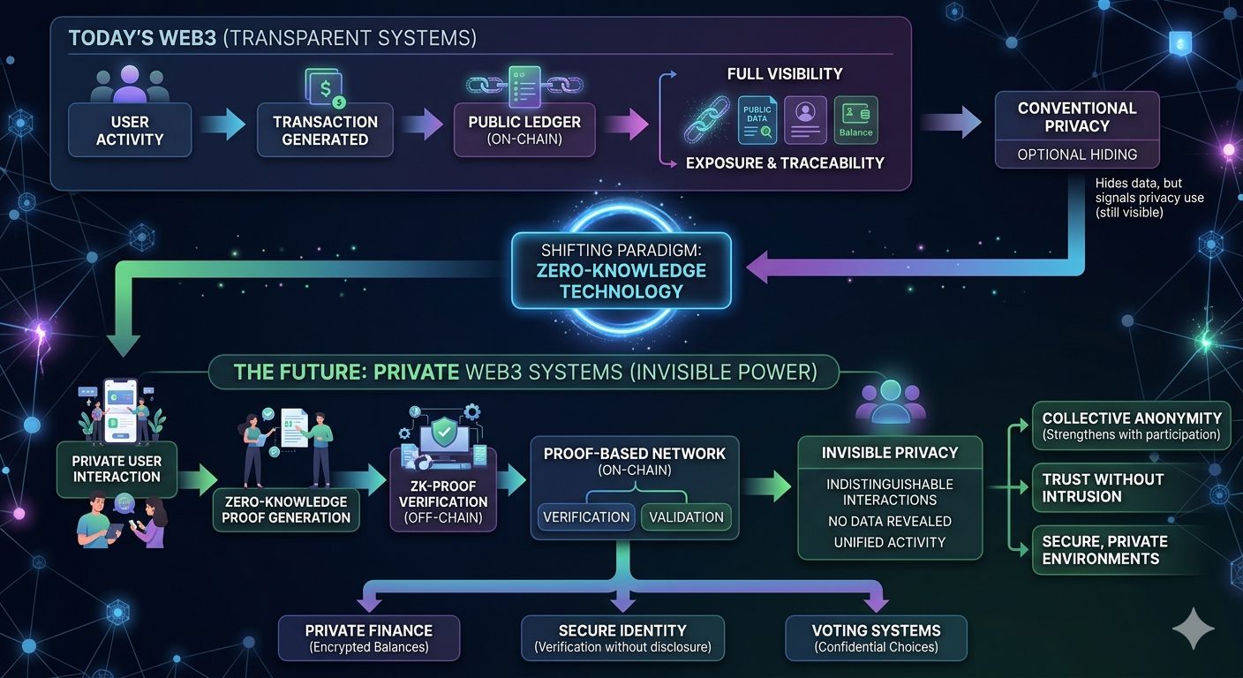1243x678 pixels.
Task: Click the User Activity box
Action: [130, 130]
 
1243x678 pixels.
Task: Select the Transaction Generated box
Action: [325, 130]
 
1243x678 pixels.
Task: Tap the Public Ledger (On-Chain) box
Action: [524, 130]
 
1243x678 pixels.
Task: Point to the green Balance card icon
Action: [855, 120]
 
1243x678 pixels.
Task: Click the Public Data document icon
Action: [757, 120]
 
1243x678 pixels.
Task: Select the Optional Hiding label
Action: [1077, 154]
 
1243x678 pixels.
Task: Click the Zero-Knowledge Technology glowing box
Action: [621, 270]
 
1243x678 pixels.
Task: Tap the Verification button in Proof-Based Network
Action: [585, 516]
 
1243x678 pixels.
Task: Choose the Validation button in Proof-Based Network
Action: [685, 516]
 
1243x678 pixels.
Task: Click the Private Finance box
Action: [369, 638]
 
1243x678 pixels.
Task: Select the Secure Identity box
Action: [622, 638]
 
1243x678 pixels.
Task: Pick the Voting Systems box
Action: [876, 638]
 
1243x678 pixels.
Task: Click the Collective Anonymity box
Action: [1132, 426]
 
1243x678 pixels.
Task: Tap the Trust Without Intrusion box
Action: [1132, 487]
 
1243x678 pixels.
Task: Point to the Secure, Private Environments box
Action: [1132, 549]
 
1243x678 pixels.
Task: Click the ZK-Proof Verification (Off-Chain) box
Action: [443, 501]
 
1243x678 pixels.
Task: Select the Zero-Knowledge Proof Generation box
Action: [286, 509]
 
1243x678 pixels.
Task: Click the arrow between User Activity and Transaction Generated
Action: [222, 125]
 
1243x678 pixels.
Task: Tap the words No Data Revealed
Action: [889, 521]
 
